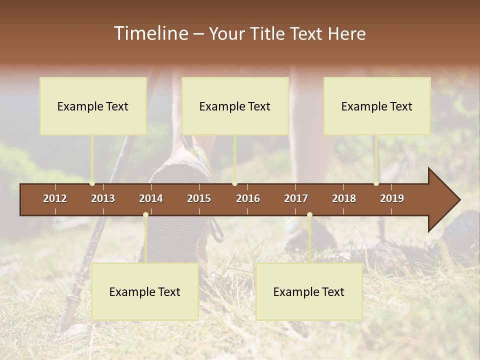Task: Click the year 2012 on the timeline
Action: point(55,198)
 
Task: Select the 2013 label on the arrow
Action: point(103,198)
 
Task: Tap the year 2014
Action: point(151,198)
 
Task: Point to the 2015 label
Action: point(199,198)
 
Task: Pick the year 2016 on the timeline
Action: point(248,198)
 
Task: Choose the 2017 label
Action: point(296,198)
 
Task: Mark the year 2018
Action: point(344,198)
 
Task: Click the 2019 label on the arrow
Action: point(392,198)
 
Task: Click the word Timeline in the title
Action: point(150,33)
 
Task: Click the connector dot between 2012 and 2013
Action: point(92,183)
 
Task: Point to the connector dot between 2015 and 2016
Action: point(234,183)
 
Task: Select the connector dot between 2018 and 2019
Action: point(376,183)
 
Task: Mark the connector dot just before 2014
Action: point(145,214)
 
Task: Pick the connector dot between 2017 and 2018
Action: point(309,214)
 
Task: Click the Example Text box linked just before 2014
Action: point(145,291)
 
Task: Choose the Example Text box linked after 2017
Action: point(309,291)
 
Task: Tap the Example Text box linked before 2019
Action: point(377,106)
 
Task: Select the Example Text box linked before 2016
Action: point(235,106)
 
